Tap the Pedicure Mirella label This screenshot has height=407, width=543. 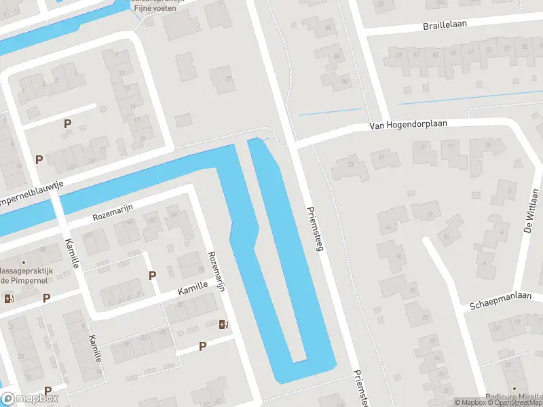tap(514, 397)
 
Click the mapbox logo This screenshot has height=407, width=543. tap(30, 398)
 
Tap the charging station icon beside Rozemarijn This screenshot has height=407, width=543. tap(223, 324)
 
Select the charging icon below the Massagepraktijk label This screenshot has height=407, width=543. tap(9, 298)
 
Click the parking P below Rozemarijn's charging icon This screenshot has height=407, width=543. tap(202, 347)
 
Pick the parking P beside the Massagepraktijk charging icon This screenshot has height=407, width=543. tap(46, 298)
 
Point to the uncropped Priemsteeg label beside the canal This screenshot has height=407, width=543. tap(316, 230)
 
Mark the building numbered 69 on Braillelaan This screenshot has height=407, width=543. tap(398, 55)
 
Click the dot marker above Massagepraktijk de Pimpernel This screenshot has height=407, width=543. tap(23, 263)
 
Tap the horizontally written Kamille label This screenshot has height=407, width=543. tap(193, 288)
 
